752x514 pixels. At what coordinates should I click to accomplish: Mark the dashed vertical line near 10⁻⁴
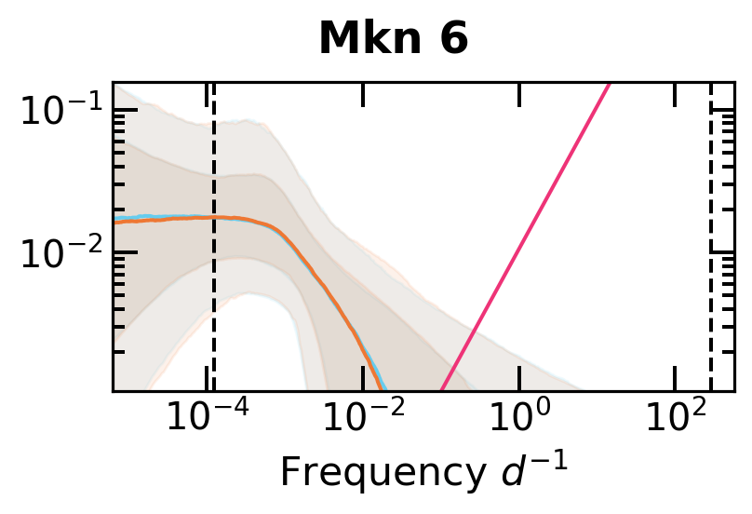pyautogui.click(x=215, y=279)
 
